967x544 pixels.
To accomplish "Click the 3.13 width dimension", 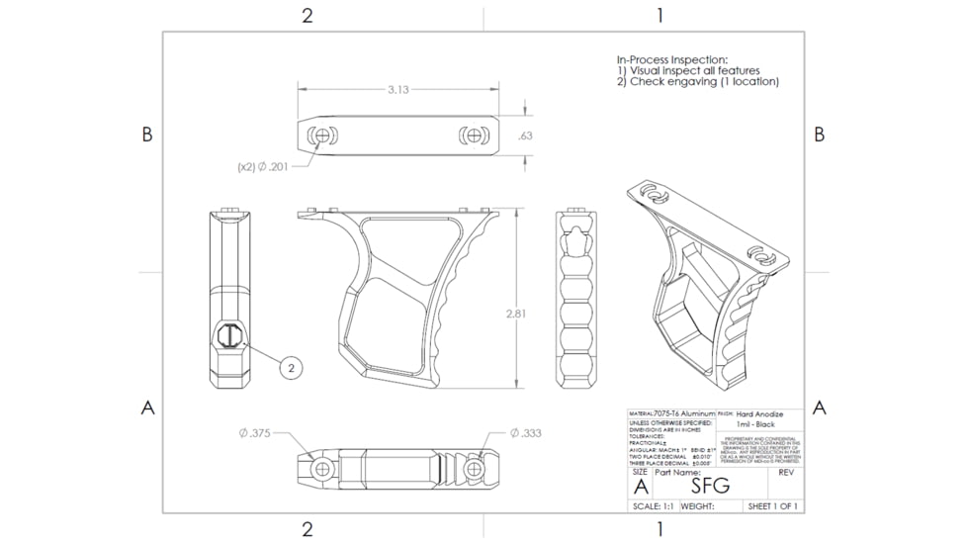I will tap(397, 90).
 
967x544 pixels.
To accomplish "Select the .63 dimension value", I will tap(525, 136).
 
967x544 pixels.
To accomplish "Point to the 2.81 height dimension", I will tap(515, 314).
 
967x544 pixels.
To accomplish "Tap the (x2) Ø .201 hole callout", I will tap(263, 167).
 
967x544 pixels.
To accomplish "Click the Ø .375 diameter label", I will tap(255, 433).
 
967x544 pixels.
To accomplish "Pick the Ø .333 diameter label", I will tap(525, 433).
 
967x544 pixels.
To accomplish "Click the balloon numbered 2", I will tap(291, 367).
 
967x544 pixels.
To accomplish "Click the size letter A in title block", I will tap(640, 486).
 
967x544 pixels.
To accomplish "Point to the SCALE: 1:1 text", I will tap(653, 506).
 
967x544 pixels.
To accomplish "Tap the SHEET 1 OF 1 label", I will tap(772, 506).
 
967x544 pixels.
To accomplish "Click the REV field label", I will tap(787, 473).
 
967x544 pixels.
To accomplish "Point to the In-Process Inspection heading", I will tap(672, 59).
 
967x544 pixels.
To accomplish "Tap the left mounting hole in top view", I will tap(319, 136).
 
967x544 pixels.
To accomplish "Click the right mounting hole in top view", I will tap(474, 136).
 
